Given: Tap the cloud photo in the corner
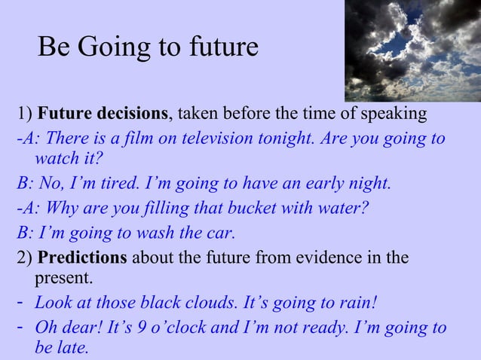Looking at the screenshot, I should point(412,50).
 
